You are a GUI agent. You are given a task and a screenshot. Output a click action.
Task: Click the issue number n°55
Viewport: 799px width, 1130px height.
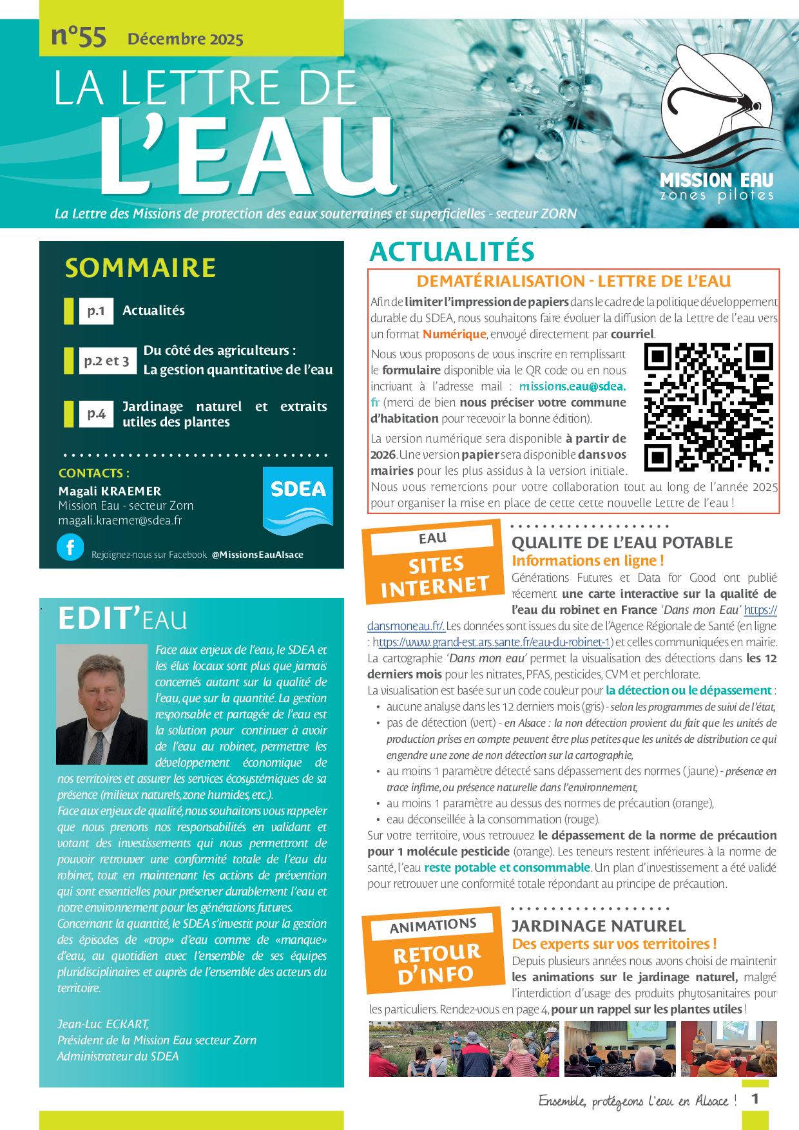78,37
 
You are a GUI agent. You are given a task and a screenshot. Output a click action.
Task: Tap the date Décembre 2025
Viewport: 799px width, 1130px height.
186,39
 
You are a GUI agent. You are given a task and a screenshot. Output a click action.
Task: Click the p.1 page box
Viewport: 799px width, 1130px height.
96,311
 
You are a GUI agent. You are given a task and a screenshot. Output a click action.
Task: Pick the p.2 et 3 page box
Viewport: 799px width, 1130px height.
106,361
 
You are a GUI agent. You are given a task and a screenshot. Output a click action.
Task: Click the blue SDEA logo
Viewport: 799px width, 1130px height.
298,501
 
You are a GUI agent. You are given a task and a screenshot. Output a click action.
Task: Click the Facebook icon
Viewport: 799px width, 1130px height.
70,548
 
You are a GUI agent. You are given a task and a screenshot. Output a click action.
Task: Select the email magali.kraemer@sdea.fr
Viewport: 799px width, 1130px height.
120,520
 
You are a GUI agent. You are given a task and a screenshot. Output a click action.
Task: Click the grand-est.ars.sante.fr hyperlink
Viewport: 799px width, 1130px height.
493,642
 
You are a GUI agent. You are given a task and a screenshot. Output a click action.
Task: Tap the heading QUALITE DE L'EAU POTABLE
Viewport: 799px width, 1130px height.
622,542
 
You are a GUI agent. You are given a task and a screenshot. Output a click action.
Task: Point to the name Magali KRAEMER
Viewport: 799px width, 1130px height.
110,491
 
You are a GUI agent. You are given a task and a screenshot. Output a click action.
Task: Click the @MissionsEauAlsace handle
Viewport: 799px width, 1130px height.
257,555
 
